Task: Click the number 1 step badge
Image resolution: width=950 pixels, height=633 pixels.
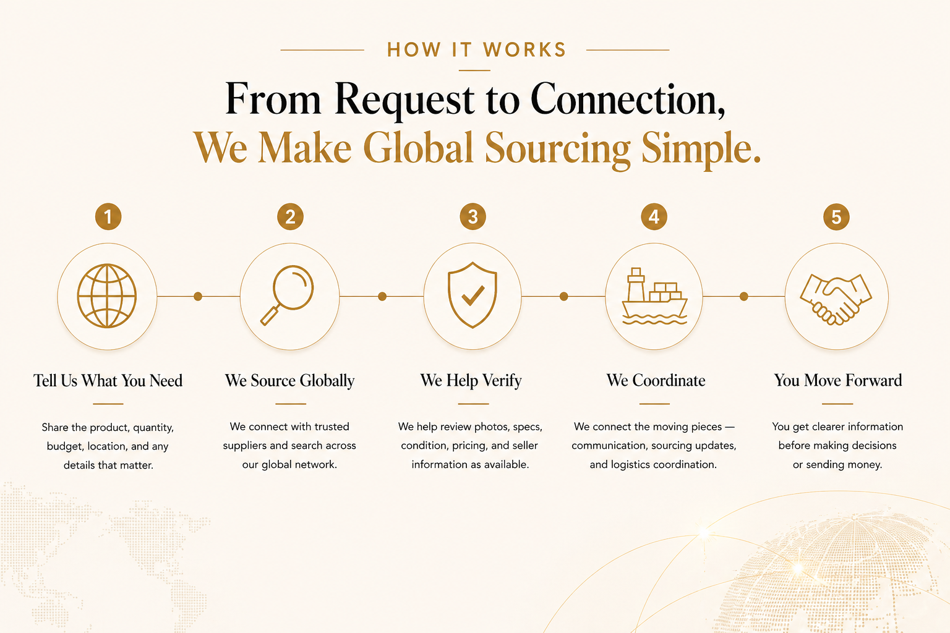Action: click(108, 217)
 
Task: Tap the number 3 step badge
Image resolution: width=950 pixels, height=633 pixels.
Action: click(473, 217)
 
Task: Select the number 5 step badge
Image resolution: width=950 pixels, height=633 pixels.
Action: click(836, 217)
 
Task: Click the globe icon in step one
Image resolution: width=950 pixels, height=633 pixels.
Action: click(107, 296)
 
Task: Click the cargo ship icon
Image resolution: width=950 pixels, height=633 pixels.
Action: click(654, 297)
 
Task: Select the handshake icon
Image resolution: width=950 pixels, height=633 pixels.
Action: click(836, 299)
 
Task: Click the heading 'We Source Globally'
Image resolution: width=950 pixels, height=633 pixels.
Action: click(289, 381)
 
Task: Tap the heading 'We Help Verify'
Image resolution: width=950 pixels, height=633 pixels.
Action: click(471, 381)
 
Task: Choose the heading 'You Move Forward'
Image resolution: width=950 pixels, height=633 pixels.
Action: click(838, 381)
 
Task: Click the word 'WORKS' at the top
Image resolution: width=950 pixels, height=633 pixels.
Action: click(524, 50)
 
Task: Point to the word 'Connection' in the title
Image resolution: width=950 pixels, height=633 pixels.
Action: click(627, 100)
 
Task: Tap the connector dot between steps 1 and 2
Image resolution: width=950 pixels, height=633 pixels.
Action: click(198, 297)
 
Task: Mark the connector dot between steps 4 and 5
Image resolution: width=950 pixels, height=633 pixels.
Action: click(744, 297)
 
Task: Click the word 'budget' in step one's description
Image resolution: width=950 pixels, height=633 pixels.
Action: click(64, 446)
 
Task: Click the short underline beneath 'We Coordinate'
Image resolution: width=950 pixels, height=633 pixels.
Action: click(654, 404)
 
